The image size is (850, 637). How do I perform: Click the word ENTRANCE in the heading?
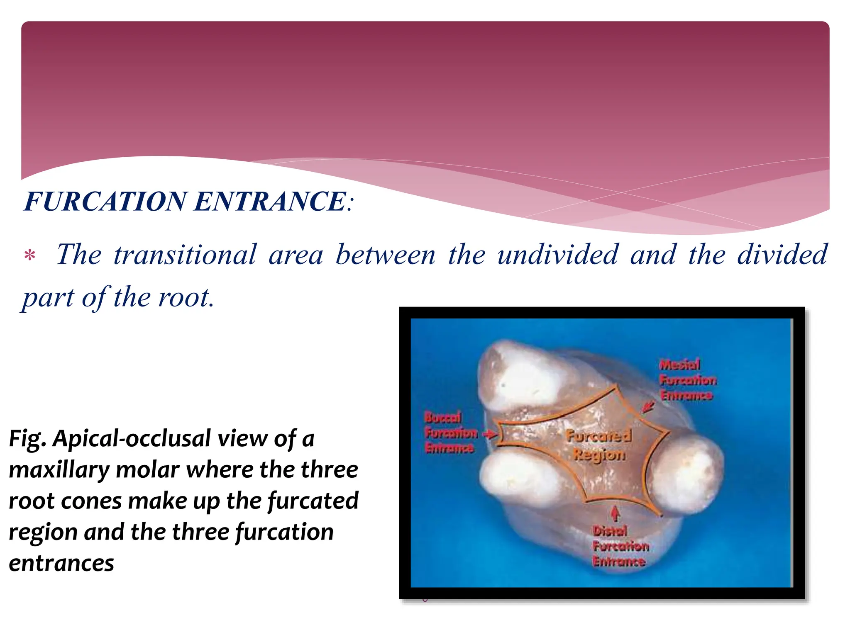click(270, 202)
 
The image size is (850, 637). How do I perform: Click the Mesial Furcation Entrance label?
click(687, 380)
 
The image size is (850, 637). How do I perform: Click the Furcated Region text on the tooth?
click(599, 445)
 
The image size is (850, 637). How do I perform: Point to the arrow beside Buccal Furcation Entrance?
click(490, 434)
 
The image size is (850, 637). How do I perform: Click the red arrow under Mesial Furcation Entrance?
click(647, 407)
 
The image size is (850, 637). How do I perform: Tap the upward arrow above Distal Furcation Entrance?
click(615, 513)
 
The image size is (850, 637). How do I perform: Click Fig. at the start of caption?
click(27, 439)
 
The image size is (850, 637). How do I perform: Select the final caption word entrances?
click(61, 564)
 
